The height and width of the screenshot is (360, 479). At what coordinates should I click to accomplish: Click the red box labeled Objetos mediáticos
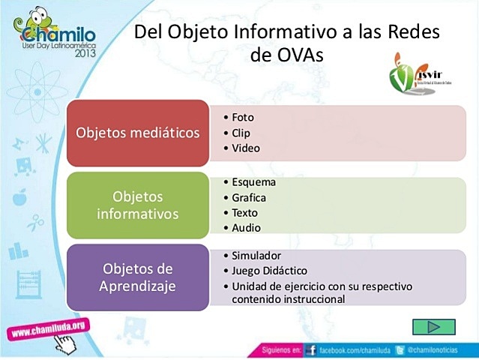(x=138, y=133)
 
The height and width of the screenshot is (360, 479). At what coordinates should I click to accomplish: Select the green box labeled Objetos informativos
(x=138, y=205)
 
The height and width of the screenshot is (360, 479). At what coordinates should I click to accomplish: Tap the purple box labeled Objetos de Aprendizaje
(x=138, y=277)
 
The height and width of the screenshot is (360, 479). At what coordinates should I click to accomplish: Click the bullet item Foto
(x=243, y=117)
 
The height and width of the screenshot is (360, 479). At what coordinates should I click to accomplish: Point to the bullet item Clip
(x=241, y=133)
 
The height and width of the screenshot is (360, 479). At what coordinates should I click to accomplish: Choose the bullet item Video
(x=245, y=148)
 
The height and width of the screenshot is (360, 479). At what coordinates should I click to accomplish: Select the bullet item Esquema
(x=253, y=182)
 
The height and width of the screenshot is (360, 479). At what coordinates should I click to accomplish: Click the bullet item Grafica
(x=249, y=198)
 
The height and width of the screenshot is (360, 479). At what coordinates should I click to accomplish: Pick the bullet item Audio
(x=246, y=228)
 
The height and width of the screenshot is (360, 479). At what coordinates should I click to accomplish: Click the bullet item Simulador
(x=257, y=255)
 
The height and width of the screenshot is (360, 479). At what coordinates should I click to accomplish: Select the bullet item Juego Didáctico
(x=269, y=270)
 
